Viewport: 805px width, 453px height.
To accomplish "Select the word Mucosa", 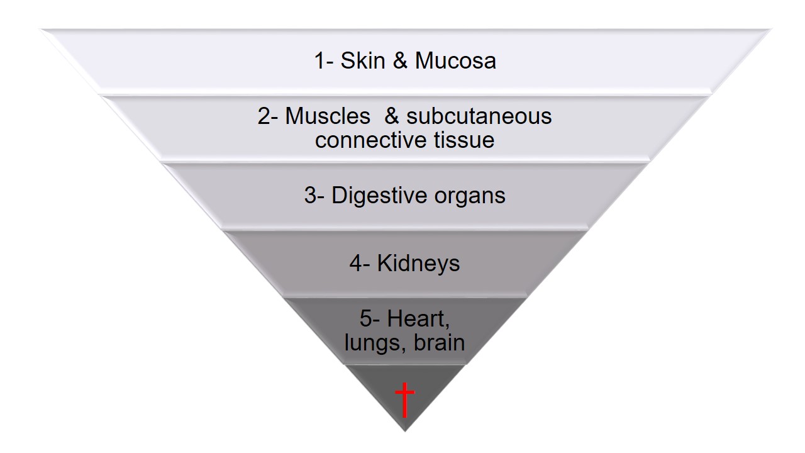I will click(455, 61).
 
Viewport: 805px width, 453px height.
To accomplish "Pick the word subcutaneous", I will click(479, 116).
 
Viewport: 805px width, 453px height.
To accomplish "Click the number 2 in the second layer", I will click(264, 116).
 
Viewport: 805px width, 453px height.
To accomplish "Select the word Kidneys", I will click(418, 264).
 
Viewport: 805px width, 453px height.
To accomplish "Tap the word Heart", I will click(418, 319).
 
